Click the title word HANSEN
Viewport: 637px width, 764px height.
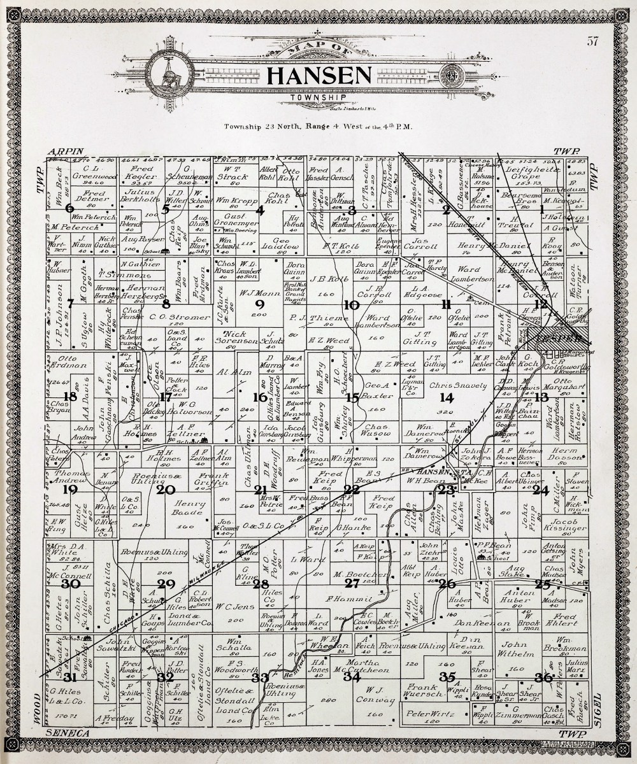(x=318, y=76)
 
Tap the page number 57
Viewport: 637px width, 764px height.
(x=592, y=42)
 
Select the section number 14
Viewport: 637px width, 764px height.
(x=447, y=398)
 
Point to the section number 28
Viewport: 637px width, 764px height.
(x=261, y=584)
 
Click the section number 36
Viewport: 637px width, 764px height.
(x=543, y=677)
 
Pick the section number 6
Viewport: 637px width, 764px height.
(x=69, y=208)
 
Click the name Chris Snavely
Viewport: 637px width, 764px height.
(x=453, y=386)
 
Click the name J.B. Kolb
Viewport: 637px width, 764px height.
(x=327, y=278)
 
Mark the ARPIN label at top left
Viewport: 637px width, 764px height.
(x=66, y=151)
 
